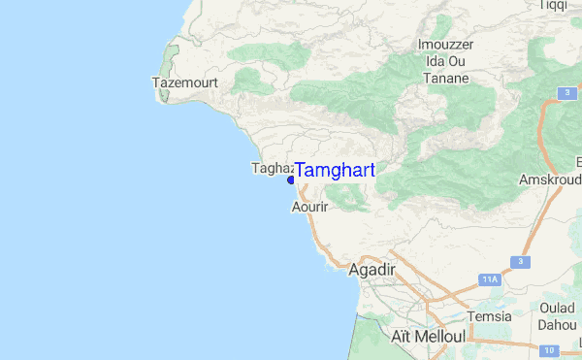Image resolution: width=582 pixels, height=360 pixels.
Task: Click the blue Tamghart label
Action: click(x=334, y=170)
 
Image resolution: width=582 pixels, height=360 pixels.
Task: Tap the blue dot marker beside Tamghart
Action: click(x=291, y=180)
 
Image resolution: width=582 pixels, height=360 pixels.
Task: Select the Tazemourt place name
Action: click(x=184, y=83)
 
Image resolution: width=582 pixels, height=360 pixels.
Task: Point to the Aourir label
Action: click(x=311, y=208)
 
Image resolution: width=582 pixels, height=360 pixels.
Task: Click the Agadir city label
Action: click(x=372, y=271)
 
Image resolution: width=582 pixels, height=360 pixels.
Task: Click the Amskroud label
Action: click(x=550, y=180)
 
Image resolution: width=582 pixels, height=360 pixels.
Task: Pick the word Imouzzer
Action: click(x=447, y=45)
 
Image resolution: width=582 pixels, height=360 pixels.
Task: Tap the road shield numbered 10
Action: click(x=548, y=349)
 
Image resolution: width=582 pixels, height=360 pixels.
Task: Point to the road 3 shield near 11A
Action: click(x=521, y=263)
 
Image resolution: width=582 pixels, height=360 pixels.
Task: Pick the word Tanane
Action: click(x=447, y=79)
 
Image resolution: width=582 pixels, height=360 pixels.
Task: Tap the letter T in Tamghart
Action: click(x=301, y=170)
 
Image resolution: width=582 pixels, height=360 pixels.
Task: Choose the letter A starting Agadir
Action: click(x=354, y=271)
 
